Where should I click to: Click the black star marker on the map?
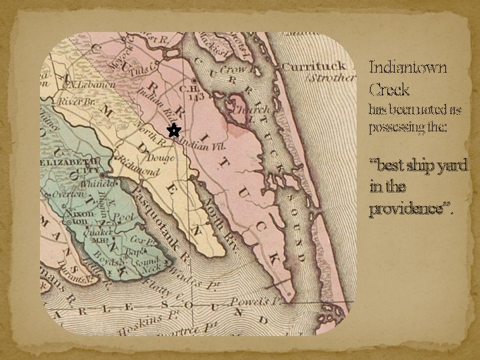tap(173, 131)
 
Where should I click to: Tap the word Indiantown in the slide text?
tap(408, 67)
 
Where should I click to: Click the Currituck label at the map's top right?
tap(314, 66)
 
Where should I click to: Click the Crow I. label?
tap(235, 69)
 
